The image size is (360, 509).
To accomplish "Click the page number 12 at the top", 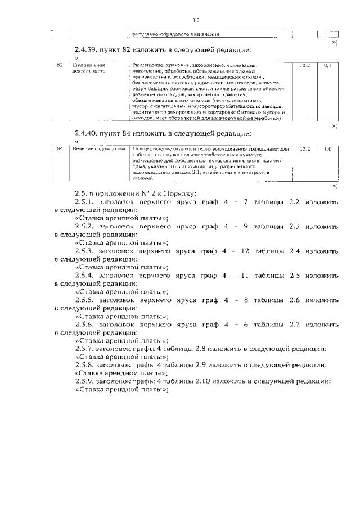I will tap(196, 20).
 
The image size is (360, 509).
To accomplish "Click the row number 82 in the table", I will tap(60, 66).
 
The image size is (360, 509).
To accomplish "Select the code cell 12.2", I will tap(305, 66).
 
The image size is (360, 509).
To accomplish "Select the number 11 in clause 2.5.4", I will tap(244, 275).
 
